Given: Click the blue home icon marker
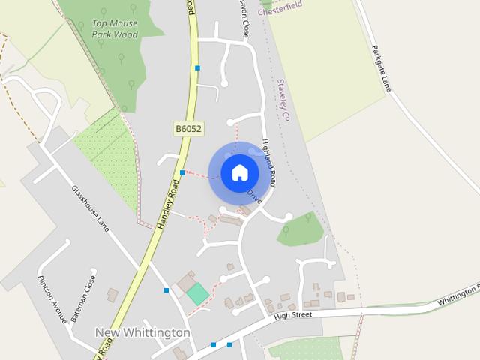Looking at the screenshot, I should [239, 172].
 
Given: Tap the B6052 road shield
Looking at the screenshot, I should [189, 129].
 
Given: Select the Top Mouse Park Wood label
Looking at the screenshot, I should [115, 28].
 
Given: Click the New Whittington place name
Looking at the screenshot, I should [142, 332].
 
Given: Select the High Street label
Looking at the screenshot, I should [292, 315].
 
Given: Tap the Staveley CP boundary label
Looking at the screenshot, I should [283, 100].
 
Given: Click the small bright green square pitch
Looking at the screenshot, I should [198, 293].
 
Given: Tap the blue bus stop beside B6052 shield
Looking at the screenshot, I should [197, 68].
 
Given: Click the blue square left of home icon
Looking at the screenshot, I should [182, 173].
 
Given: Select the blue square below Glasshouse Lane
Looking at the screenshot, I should [166, 290].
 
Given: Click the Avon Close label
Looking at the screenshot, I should [243, 18].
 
